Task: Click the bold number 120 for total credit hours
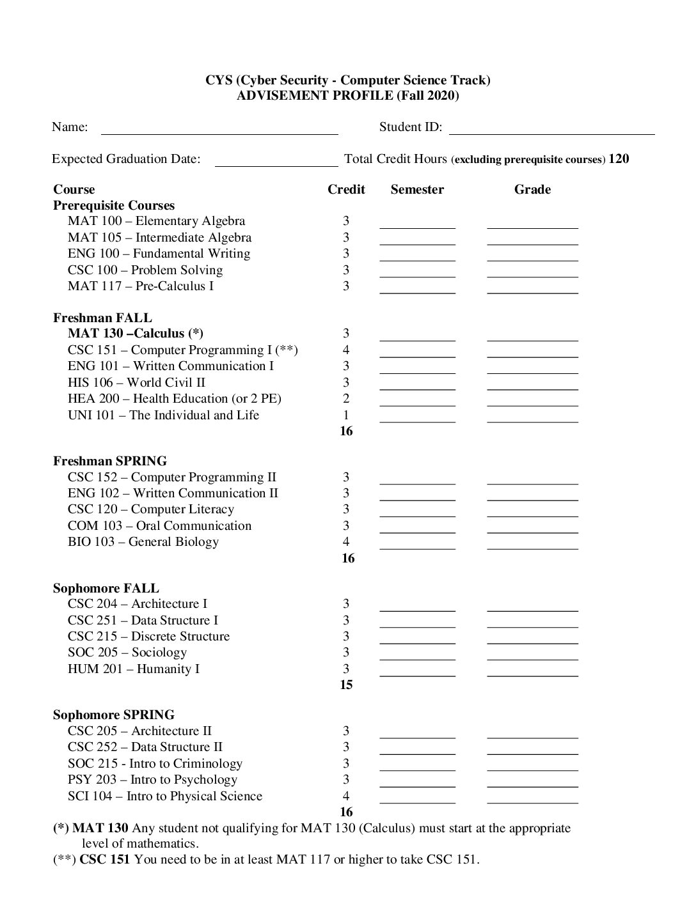click(619, 159)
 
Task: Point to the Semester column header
click(417, 190)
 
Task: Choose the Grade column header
click(532, 190)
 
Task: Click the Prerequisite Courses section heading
click(114, 206)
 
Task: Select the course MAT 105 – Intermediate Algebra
click(159, 238)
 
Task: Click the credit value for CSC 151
click(346, 350)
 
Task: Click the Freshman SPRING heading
click(110, 462)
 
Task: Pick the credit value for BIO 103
click(346, 542)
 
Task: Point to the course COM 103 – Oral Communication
click(159, 526)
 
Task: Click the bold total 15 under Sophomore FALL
click(346, 685)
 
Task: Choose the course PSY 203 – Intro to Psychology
click(152, 780)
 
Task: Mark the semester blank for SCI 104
click(417, 801)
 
